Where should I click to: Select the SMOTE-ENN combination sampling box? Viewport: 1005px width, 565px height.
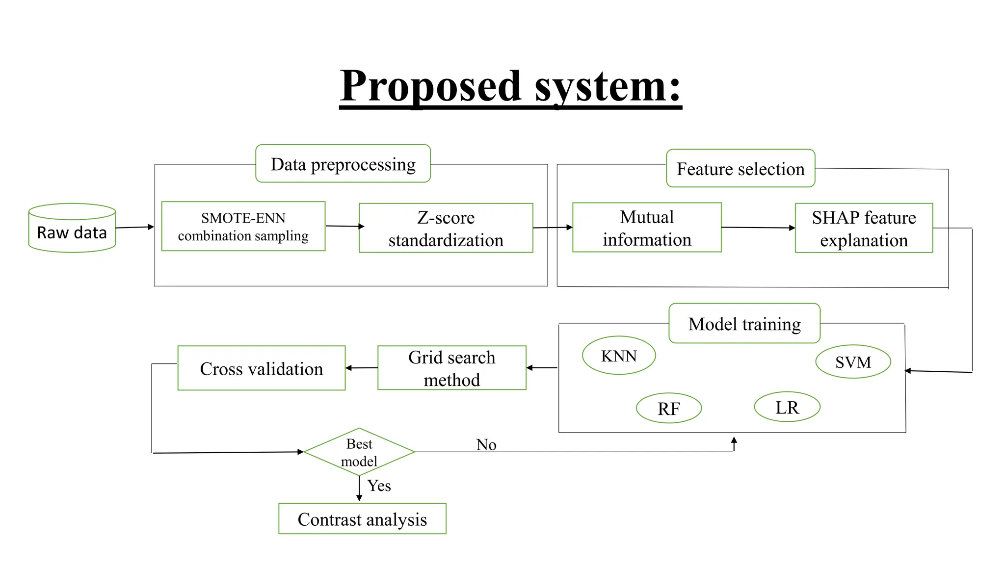coord(243,227)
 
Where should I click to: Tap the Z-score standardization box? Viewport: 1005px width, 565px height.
coord(446,229)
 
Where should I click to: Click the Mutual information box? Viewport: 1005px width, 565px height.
coord(646,228)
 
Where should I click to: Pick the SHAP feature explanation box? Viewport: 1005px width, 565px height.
coord(863,229)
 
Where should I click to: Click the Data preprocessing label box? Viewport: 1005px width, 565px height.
coord(343,164)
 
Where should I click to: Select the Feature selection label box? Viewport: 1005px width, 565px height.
coord(740,169)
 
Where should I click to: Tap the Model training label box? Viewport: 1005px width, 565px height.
coord(744,324)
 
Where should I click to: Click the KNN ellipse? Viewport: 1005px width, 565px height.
coord(618,356)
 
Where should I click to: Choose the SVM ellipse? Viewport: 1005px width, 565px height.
coord(853,362)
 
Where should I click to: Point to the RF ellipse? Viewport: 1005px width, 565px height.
coord(668,408)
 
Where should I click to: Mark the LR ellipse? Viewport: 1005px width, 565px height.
coord(787,407)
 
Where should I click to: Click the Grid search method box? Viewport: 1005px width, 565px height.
coord(451,368)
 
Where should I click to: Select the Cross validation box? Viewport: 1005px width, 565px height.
coord(261,369)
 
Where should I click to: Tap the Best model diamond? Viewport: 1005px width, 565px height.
coord(359,452)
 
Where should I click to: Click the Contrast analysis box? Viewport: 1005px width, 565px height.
coord(362,519)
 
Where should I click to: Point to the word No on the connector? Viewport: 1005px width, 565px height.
coord(486,445)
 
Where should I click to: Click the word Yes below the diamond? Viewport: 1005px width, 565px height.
coord(379,486)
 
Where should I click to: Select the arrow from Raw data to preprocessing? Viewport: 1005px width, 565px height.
coord(134,227)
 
